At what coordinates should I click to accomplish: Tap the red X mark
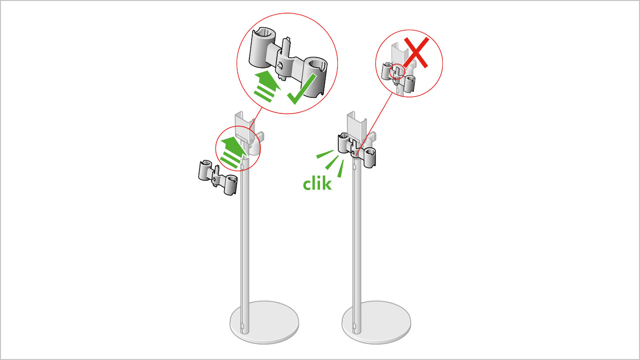[x=416, y=53]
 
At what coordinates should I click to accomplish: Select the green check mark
[x=302, y=89]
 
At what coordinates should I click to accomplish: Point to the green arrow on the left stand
[x=233, y=152]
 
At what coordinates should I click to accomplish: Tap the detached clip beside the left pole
[x=218, y=177]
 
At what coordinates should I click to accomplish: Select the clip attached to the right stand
[x=357, y=150]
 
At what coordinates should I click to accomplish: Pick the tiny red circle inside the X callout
[x=397, y=72]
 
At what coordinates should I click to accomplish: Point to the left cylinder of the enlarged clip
[x=262, y=48]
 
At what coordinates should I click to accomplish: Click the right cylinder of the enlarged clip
[x=315, y=77]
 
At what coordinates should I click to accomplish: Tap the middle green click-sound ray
[x=332, y=162]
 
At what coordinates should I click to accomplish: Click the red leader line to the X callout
[x=374, y=124]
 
